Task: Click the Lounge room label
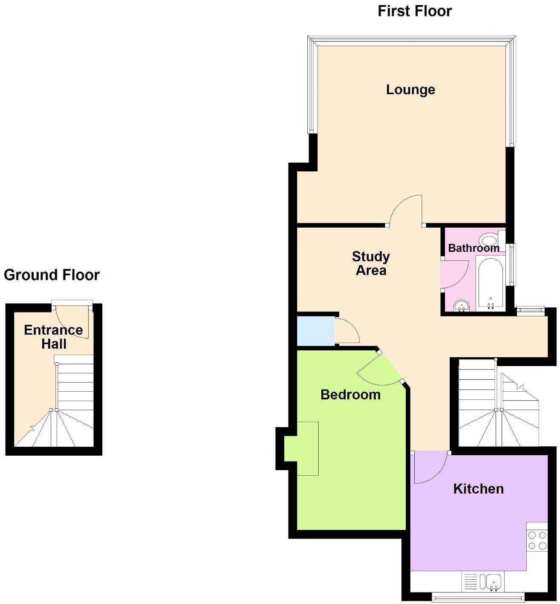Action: [x=410, y=90]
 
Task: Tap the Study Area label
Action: [x=371, y=263]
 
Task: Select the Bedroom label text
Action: [x=350, y=395]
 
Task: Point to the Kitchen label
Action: [x=478, y=488]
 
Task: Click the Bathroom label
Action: [x=473, y=248]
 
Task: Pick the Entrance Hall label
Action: [x=54, y=337]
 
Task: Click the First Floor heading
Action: [x=414, y=11]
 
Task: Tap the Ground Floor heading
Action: [x=52, y=275]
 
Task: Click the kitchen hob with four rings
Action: [x=537, y=540]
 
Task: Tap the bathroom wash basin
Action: [x=461, y=306]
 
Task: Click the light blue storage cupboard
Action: [x=315, y=331]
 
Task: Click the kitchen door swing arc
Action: [x=430, y=469]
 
